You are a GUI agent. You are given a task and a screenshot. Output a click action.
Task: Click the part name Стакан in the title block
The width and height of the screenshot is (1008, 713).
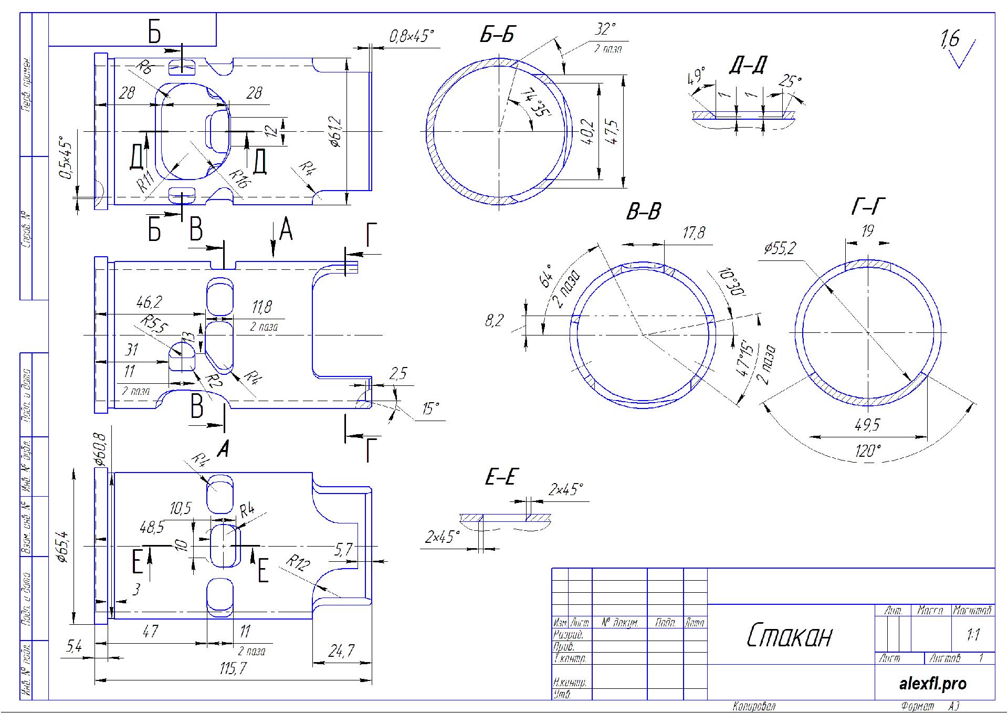790,636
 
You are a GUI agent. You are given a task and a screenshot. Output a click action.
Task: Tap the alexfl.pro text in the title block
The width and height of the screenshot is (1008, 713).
932,684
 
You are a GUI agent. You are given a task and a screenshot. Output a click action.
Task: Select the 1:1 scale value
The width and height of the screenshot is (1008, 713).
973,635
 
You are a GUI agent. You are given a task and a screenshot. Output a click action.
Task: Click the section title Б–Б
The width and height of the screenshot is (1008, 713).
497,34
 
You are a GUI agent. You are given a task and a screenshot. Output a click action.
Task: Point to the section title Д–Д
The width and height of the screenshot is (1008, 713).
748,66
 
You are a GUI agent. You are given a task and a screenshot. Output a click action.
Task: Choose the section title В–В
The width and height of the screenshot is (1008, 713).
643,212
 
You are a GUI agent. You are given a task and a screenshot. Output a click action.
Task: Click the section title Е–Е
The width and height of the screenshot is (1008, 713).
501,477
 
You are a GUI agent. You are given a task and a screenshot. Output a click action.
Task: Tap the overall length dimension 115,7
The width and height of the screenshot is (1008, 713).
233,669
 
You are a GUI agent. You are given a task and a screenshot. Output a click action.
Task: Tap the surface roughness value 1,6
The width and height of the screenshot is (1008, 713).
950,39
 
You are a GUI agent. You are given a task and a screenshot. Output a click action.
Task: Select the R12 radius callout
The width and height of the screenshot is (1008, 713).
298,563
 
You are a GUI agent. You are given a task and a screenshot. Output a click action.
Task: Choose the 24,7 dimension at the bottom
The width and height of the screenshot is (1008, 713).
341,651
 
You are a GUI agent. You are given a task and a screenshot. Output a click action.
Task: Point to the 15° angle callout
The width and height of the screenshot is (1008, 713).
430,408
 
